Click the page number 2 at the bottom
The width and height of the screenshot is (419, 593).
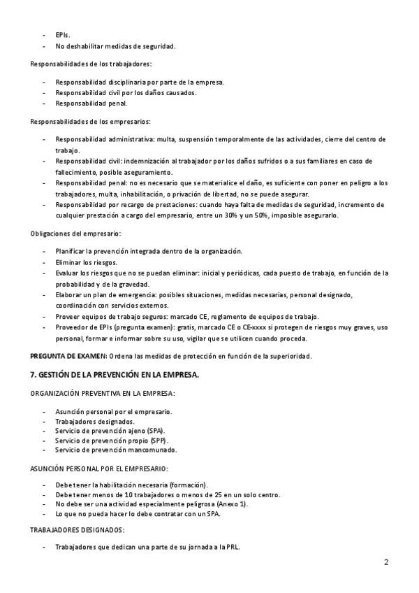[386, 562]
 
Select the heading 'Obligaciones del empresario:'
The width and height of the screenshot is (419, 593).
[75, 233]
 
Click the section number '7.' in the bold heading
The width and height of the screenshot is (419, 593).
[34, 375]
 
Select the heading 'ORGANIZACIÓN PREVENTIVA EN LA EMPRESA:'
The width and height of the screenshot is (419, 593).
[102, 393]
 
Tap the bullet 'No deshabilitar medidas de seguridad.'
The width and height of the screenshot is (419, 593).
[115, 46]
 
